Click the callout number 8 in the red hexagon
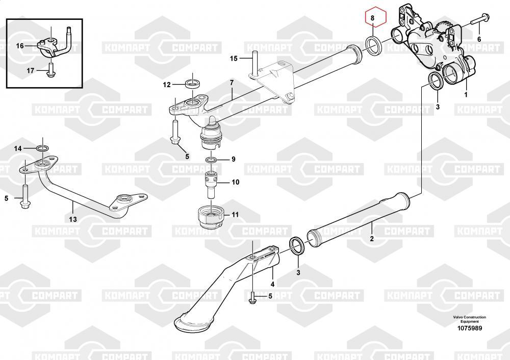pyautogui.click(x=373, y=18)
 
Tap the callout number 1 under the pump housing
pyautogui.click(x=465, y=95)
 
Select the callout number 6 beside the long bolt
pyautogui.click(x=479, y=39)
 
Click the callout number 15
pyautogui.click(x=234, y=59)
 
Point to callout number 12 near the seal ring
pyautogui.click(x=167, y=85)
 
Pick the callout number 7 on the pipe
pyautogui.click(x=232, y=83)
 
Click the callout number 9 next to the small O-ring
pyautogui.click(x=233, y=160)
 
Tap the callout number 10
pyautogui.click(x=235, y=182)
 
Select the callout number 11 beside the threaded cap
pyautogui.click(x=235, y=215)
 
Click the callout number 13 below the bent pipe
pyautogui.click(x=73, y=219)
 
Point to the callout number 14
pyautogui.click(x=18, y=149)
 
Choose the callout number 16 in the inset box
pyautogui.click(x=20, y=46)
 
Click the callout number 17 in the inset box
pyautogui.click(x=30, y=70)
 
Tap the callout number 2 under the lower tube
pyautogui.click(x=372, y=239)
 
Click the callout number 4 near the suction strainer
pyautogui.click(x=272, y=284)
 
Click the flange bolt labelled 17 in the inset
pyautogui.click(x=50, y=70)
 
